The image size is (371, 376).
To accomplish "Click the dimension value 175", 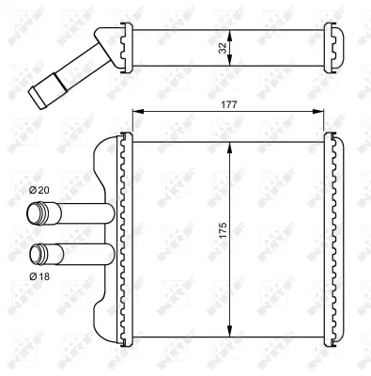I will pyautogui.click(x=222, y=231).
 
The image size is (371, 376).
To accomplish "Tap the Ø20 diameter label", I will pyautogui.click(x=39, y=191).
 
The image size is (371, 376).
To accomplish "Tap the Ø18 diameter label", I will pyautogui.click(x=39, y=275).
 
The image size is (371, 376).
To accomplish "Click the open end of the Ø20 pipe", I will pyautogui.click(x=38, y=213).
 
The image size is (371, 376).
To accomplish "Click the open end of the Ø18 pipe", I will pyautogui.click(x=38, y=253).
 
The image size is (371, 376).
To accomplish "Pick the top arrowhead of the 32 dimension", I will pyautogui.click(x=230, y=31).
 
